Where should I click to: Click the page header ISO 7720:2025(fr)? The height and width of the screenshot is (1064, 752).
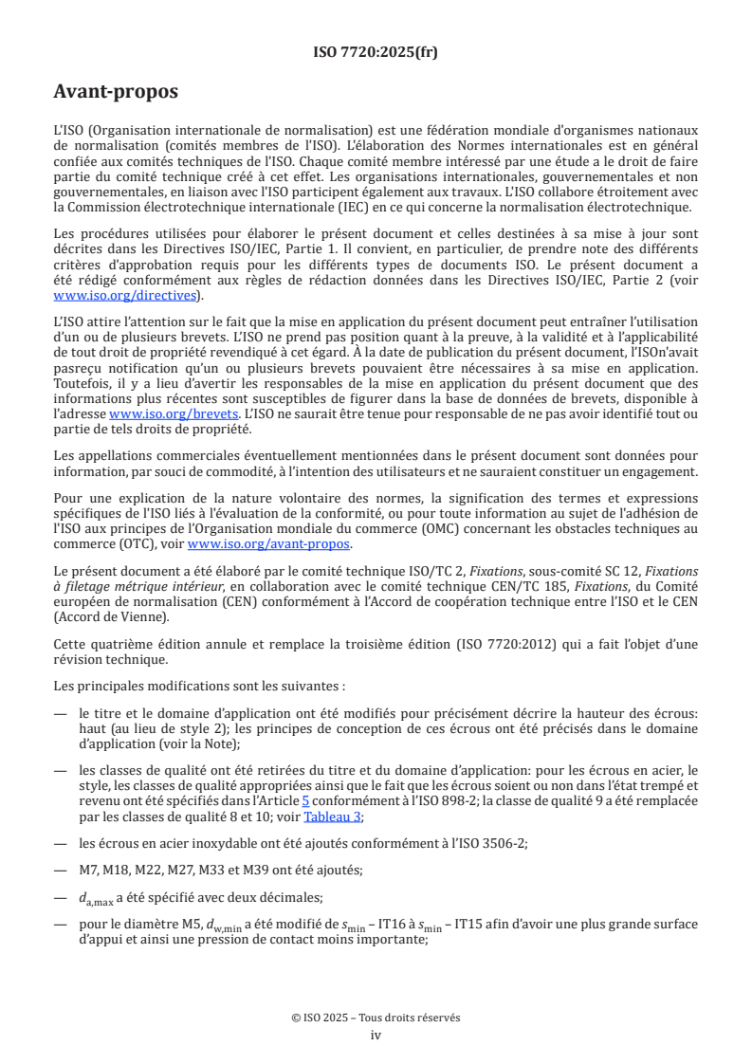click(376, 53)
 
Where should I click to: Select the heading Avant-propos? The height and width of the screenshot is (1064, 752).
click(116, 93)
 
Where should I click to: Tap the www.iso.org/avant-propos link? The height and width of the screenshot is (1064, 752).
click(269, 543)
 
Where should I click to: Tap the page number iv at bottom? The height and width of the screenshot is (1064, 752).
click(376, 1035)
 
